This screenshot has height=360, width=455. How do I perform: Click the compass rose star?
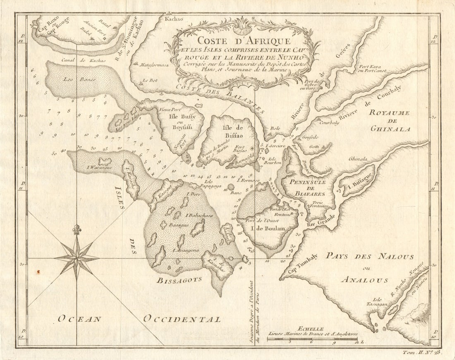click(x=77, y=258)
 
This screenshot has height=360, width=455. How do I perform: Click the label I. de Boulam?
click(x=271, y=228)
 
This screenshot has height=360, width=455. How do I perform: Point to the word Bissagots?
click(x=179, y=280)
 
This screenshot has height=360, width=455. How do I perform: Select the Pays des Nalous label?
click(x=369, y=257)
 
